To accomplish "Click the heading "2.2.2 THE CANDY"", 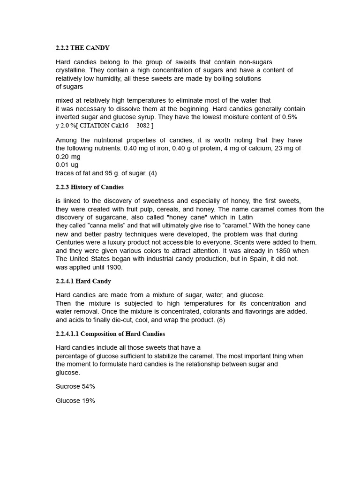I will (82, 48).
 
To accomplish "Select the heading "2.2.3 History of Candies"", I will (90, 187).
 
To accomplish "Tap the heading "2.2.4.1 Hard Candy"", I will (83, 281).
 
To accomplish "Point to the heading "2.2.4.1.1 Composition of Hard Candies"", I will (110, 334).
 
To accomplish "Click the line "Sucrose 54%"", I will (75, 386).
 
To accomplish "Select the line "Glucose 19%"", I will (75, 401).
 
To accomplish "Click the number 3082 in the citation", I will (142, 126).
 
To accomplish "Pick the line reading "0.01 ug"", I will (67, 165).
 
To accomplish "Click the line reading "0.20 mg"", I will (68, 157).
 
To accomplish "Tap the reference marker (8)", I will (221, 320).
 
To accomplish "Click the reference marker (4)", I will (152, 173).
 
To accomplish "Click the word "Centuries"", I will (72, 242).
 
